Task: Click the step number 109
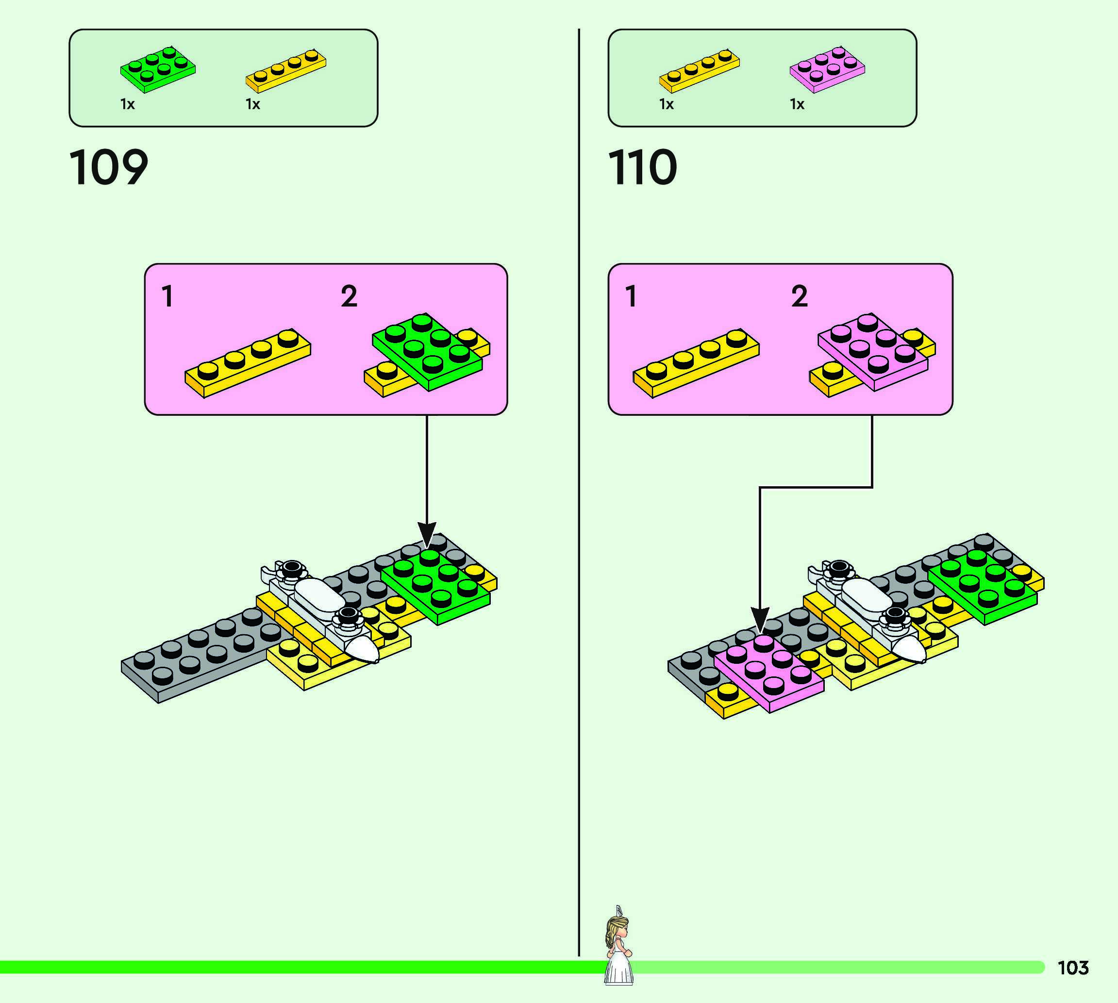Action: tap(109, 167)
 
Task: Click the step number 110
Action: tap(642, 167)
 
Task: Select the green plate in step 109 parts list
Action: tap(158, 69)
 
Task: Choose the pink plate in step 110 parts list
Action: tap(827, 69)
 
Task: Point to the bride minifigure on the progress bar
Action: tap(618, 946)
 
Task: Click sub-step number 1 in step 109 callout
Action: tap(167, 296)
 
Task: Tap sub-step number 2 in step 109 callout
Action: tap(349, 296)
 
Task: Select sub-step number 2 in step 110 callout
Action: tap(800, 296)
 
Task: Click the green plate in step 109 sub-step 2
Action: tap(427, 353)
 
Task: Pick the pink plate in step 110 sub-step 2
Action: tap(873, 353)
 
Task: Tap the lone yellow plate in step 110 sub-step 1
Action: tap(696, 364)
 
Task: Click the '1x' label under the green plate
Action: tap(127, 104)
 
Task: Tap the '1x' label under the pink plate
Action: tap(797, 104)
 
